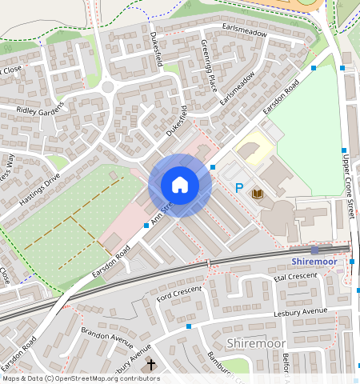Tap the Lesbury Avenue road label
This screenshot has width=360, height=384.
pyautogui.click(x=300, y=310)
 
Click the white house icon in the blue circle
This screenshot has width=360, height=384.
pyautogui.click(x=180, y=185)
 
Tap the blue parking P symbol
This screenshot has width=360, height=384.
pyautogui.click(x=238, y=188)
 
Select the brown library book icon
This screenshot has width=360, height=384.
pyautogui.click(x=258, y=194)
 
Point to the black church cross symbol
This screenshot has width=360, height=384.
pyautogui.click(x=151, y=364)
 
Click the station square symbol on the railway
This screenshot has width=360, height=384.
pyautogui.click(x=314, y=250)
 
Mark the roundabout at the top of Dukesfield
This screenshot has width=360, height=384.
pyautogui.click(x=108, y=86)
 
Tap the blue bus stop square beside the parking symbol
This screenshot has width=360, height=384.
pyautogui.click(x=213, y=166)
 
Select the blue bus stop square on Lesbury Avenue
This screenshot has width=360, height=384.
pyautogui.click(x=189, y=326)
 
